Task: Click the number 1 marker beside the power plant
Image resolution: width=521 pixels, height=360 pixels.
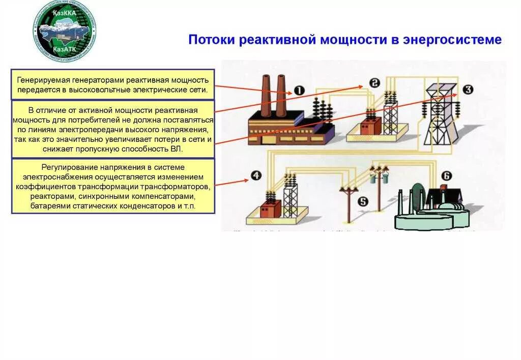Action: (x=299, y=92)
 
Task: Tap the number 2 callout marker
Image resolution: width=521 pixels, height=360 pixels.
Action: (x=375, y=83)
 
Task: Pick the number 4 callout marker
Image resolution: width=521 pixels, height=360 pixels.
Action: (x=256, y=176)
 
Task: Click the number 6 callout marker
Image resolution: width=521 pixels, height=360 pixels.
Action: (x=446, y=176)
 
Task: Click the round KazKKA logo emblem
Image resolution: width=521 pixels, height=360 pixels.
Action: (x=65, y=31)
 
